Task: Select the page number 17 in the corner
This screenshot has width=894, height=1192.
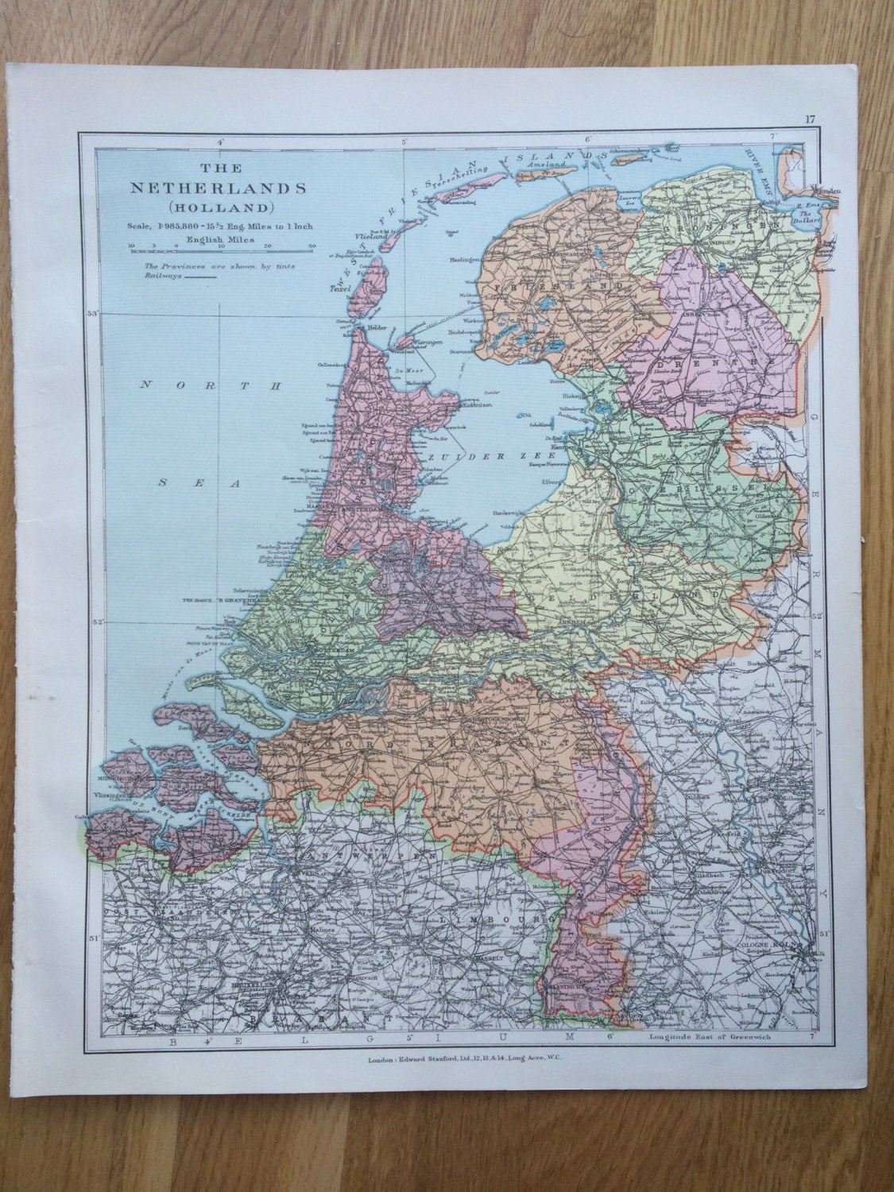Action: [809, 120]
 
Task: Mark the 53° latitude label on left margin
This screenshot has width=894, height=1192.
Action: [92, 314]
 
